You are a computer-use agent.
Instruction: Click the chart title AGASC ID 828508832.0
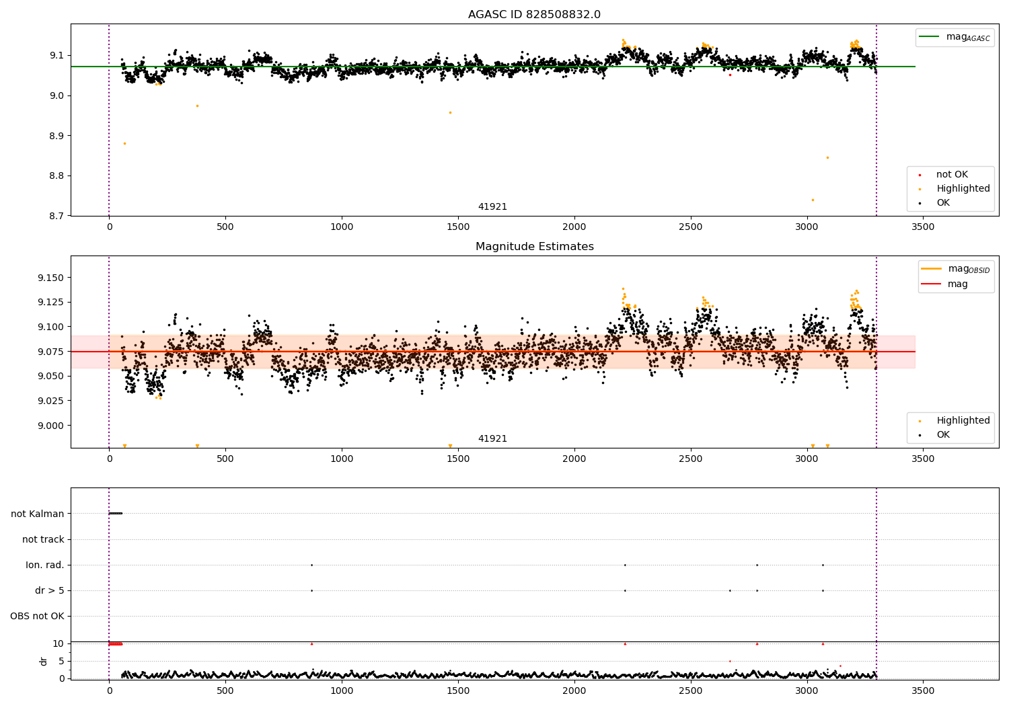[534, 15]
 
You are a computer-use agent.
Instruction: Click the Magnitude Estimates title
[534, 247]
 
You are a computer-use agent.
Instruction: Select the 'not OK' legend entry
[952, 175]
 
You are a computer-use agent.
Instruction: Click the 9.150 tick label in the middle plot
[50, 278]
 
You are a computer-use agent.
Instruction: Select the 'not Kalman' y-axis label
[38, 514]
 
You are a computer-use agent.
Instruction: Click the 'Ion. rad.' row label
[45, 565]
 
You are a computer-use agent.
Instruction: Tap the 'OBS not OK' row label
[37, 616]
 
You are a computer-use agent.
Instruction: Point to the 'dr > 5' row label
[49, 590]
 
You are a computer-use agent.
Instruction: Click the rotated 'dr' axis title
[44, 661]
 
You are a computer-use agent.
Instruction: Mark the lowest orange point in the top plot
[813, 200]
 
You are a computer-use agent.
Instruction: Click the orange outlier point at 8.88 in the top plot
[124, 143]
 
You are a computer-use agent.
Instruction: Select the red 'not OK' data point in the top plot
[730, 75]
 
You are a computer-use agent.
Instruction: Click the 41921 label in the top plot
[492, 207]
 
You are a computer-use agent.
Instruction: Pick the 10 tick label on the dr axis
[59, 643]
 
